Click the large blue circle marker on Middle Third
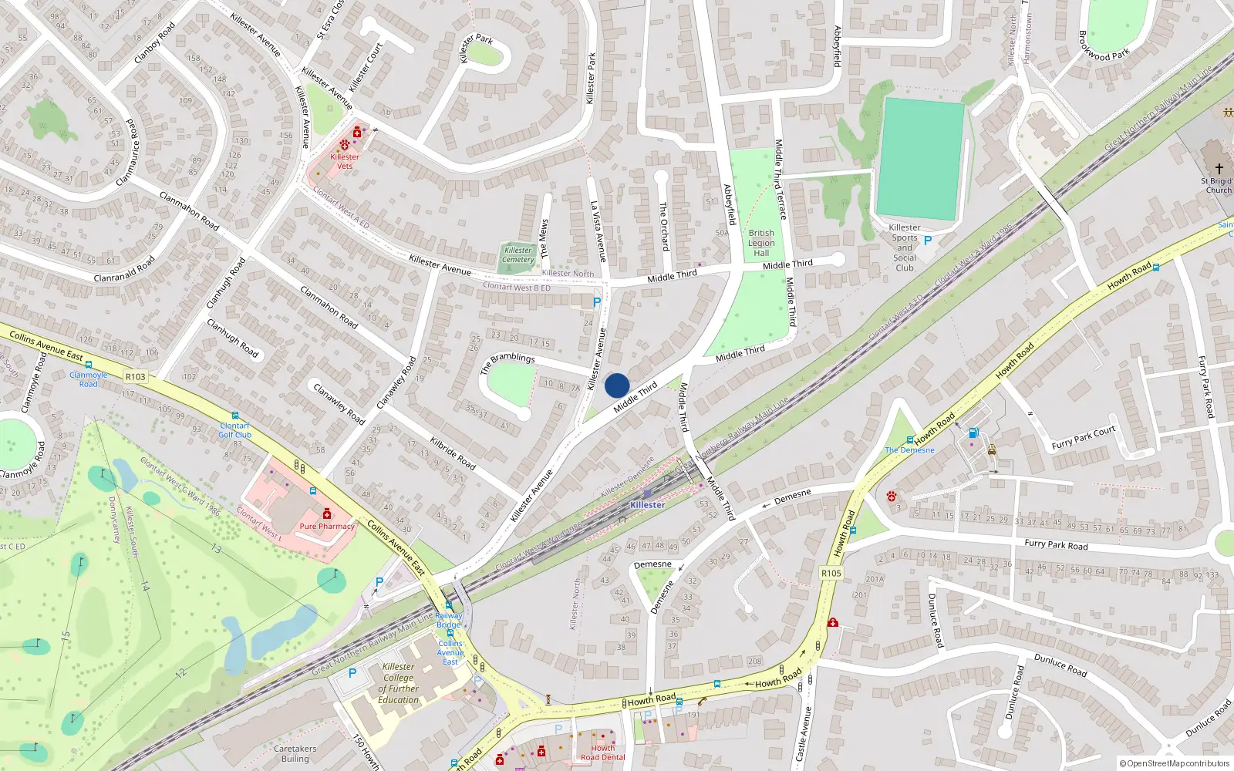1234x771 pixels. [617, 385]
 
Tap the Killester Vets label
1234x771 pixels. [345, 161]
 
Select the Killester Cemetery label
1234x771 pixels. [518, 255]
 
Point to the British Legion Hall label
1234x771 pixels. [761, 243]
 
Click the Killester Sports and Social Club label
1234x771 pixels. [905, 247]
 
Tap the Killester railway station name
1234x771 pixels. [647, 505]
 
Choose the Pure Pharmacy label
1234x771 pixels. [327, 527]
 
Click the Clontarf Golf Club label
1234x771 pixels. [235, 430]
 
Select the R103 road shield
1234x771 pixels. [135, 377]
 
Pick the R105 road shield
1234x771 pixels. [831, 574]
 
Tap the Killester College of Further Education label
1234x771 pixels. [399, 683]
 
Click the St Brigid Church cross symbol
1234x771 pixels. [1219, 168]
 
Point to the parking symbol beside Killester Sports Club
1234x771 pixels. [928, 241]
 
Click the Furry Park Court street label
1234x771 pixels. [1083, 438]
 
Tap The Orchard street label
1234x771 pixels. [663, 226]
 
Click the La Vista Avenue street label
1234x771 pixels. [598, 231]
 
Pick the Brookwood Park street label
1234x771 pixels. [1104, 46]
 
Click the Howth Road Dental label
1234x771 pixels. [603, 752]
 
